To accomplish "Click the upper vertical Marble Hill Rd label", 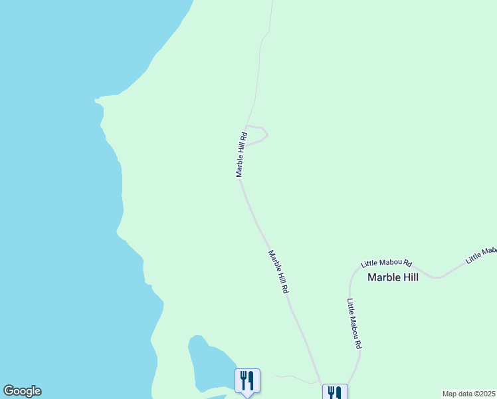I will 241,154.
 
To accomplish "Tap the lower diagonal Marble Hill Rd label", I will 278,272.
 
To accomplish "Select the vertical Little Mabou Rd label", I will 354,324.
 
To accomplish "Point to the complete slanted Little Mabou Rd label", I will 387,263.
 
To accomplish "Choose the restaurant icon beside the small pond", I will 247,380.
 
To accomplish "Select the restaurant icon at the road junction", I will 334,393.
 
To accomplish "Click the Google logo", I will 22,391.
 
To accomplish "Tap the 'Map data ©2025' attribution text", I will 469,394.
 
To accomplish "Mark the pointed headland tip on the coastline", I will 97,100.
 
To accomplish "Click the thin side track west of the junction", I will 296,377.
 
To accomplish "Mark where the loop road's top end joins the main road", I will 247,126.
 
